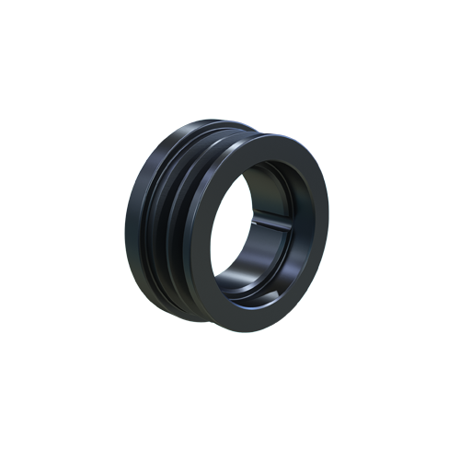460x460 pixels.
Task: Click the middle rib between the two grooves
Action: pos(170,230)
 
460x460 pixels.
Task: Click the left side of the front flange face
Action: pos(203,239)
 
